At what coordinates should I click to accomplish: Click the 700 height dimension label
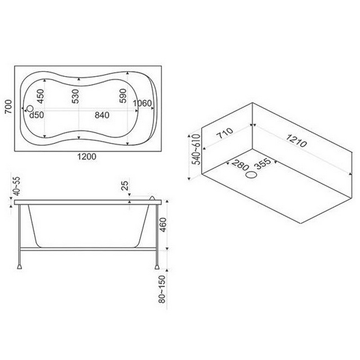9,107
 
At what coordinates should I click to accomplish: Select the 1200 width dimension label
86,157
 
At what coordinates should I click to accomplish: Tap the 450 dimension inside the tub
40,96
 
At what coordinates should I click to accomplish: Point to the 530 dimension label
75,96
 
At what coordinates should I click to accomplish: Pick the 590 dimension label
123,96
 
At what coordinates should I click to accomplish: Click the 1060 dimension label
142,103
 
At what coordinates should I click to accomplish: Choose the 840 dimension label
102,115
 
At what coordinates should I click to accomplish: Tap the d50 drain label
36,115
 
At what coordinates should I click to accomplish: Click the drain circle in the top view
30,108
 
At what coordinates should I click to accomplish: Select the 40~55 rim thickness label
17,186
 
